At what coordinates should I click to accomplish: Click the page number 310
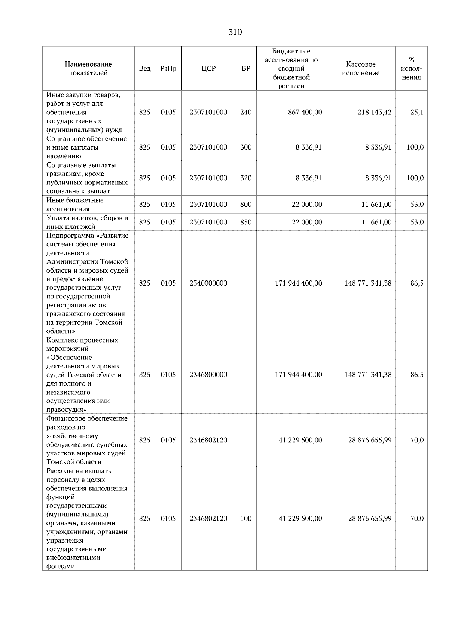point(235,32)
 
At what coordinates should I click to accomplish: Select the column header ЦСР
point(208,68)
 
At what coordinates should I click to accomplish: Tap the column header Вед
point(144,68)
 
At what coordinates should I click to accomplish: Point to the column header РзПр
point(168,68)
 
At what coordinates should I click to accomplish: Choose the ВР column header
point(246,68)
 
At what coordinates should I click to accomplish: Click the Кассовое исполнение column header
point(360,68)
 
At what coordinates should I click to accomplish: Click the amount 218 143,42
point(375,112)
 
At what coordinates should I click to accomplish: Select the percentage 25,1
point(416,112)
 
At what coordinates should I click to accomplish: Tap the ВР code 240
point(246,112)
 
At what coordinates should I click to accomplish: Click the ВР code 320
point(246,178)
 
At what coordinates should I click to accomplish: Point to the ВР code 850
point(246,222)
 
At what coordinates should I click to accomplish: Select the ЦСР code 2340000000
point(208,283)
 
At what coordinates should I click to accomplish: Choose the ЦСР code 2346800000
point(208,375)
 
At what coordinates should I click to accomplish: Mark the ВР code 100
point(246,519)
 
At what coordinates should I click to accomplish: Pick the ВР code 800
point(246,205)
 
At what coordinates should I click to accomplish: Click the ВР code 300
point(246,147)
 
